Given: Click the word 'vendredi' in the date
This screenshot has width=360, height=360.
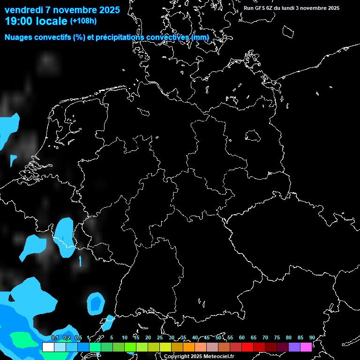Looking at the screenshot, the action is pyautogui.click(x=23, y=10).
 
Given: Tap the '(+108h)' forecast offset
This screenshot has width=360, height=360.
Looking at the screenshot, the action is pyautogui.click(x=83, y=21).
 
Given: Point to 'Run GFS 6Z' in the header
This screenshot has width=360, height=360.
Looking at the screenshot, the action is pyautogui.click(x=260, y=8).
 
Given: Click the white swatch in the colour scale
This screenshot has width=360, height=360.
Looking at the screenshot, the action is pyautogui.click(x=48, y=347).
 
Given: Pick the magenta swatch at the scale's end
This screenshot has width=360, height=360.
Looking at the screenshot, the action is pyautogui.click(x=306, y=347).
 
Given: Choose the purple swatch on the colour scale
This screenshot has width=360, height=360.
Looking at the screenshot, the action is pyautogui.click(x=294, y=347).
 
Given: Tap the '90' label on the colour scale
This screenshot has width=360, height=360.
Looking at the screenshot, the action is pyautogui.click(x=312, y=337).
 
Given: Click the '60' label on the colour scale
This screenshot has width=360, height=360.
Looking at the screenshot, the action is pyautogui.click(x=241, y=337).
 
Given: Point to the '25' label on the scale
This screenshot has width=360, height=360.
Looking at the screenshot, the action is pyautogui.click(x=159, y=337).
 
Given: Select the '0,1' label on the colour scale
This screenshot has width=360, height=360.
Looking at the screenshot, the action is pyautogui.click(x=54, y=337).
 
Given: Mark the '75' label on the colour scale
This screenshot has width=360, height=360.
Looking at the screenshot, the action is pyautogui.click(x=277, y=337).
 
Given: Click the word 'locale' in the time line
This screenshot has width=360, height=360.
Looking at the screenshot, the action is pyautogui.click(x=51, y=21).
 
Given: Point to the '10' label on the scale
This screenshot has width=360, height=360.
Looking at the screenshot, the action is pyautogui.click(x=124, y=337).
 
